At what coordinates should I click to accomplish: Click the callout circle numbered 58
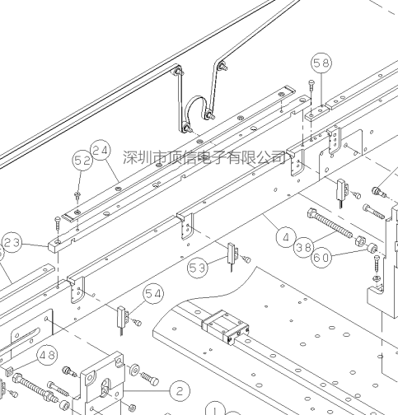(321, 63)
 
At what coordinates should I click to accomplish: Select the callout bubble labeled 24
(101, 151)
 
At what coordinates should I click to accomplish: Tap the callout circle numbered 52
(83, 161)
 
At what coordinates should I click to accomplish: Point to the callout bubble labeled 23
(12, 243)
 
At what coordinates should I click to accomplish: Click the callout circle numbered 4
(286, 237)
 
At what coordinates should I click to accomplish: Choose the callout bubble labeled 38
(304, 248)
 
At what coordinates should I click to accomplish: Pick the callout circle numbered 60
(321, 258)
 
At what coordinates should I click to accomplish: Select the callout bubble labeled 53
(198, 268)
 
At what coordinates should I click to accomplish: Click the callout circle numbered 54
(153, 294)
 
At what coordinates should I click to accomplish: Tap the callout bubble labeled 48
(47, 356)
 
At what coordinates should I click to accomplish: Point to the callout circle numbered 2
(180, 391)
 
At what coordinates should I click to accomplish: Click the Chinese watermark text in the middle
(204, 157)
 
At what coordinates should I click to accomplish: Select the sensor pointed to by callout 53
(232, 254)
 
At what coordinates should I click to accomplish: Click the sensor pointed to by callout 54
(122, 318)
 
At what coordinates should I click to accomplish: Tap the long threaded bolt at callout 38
(330, 223)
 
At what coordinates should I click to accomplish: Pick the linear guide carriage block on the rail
(226, 327)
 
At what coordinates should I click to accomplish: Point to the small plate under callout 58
(317, 113)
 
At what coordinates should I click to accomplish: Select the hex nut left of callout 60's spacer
(360, 241)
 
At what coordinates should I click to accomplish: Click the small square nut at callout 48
(9, 372)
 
